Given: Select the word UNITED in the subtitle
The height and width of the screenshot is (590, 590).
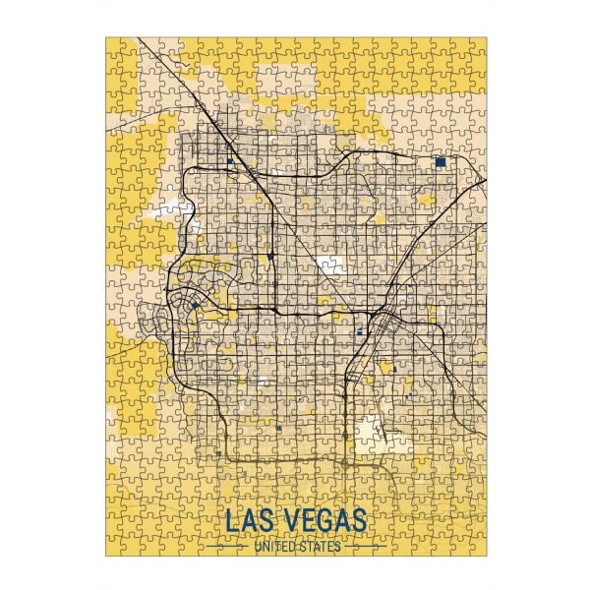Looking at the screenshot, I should pyautogui.click(x=276, y=547).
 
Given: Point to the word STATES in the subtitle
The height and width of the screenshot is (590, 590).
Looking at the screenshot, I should pyautogui.click(x=321, y=547).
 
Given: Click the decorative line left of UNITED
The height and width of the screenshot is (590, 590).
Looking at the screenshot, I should pyautogui.click(x=228, y=547).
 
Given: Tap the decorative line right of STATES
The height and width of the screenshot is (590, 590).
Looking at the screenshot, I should pyautogui.click(x=364, y=547).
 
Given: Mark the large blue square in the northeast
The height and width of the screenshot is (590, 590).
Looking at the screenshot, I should pyautogui.click(x=441, y=161).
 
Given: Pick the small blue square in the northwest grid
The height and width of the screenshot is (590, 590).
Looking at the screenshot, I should pyautogui.click(x=230, y=160).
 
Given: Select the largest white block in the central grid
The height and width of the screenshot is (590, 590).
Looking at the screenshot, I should pyautogui.click(x=327, y=264).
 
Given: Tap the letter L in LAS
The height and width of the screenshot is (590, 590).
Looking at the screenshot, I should pyautogui.click(x=232, y=522).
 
